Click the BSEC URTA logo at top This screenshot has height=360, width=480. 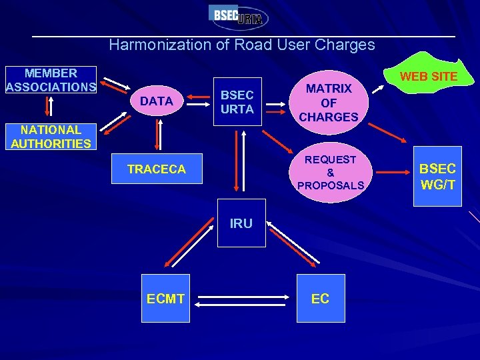tap(239, 16)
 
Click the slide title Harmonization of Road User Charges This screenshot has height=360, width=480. tap(241, 45)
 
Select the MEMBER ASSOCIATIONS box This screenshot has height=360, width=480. tap(51, 80)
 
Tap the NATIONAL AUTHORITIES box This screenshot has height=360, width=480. tap(51, 137)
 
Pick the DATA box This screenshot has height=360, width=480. tap(157, 101)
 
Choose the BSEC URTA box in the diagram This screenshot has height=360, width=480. tap(237, 102)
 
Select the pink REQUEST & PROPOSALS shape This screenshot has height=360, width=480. tap(331, 172)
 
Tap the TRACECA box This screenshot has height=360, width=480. tap(157, 170)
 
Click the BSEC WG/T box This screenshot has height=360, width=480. tap(437, 177)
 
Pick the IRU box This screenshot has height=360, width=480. tap(241, 223)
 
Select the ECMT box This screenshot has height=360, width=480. tap(165, 299)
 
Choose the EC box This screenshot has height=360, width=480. tap(320, 299)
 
